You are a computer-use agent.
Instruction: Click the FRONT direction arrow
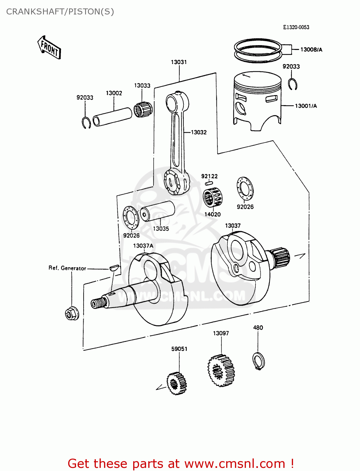49,48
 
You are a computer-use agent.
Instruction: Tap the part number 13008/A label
311,50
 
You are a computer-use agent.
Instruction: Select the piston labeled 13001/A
257,100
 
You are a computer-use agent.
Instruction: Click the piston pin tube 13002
112,117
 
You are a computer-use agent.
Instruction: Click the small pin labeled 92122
209,183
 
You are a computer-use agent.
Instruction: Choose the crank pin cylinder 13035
157,211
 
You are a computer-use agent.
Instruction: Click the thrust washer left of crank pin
131,218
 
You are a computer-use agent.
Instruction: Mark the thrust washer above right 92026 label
245,188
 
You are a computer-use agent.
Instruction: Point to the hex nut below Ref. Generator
72,313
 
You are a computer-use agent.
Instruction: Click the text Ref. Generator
67,268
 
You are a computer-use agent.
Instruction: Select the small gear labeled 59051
177,383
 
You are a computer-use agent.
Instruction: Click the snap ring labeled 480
259,361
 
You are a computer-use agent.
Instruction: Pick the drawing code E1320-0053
296,27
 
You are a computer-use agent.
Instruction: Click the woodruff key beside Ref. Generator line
114,268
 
